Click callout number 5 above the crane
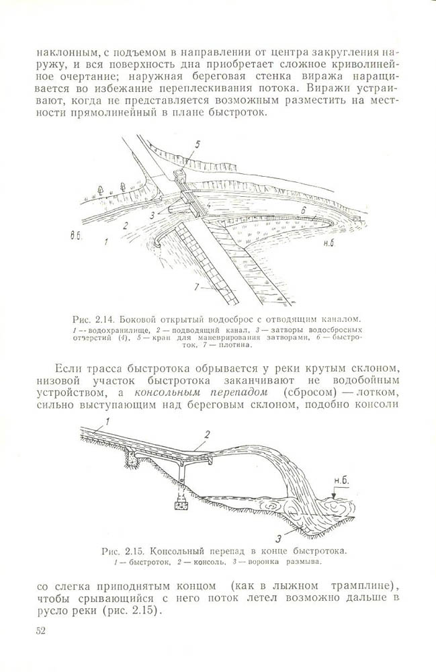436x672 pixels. tap(197, 144)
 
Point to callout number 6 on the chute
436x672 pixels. tap(302, 210)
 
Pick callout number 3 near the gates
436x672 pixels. tap(153, 215)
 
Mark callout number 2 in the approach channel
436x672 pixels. tap(125, 227)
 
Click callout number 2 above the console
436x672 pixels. tap(207, 434)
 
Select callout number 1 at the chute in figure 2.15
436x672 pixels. tap(98, 423)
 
